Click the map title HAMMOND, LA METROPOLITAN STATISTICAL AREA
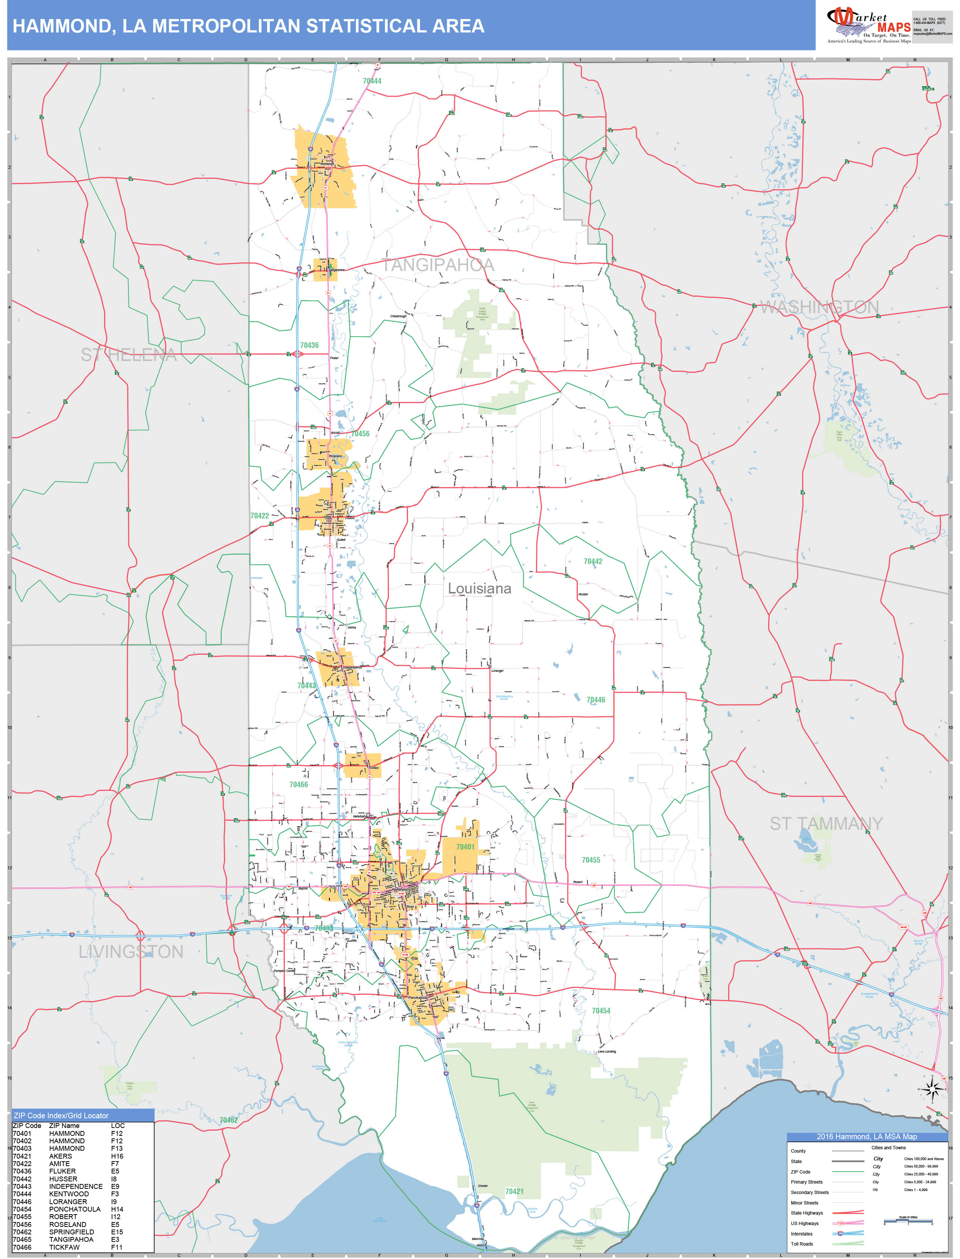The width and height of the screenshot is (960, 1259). pyautogui.click(x=249, y=26)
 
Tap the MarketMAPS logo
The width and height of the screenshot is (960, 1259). pyautogui.click(x=869, y=26)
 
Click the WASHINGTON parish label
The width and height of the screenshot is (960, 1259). pyautogui.click(x=819, y=307)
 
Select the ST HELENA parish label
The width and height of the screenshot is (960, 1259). pyautogui.click(x=128, y=355)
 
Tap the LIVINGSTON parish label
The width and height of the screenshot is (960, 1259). pyautogui.click(x=131, y=951)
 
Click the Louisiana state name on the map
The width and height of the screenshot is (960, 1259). pyautogui.click(x=479, y=589)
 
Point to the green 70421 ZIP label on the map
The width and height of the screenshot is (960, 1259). pyautogui.click(x=514, y=1191)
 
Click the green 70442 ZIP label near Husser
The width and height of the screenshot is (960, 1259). pyautogui.click(x=593, y=561)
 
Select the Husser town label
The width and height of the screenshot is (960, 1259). pyautogui.click(x=583, y=594)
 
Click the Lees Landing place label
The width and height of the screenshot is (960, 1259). pyautogui.click(x=607, y=1051)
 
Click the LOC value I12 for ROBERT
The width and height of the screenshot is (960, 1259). pyautogui.click(x=116, y=1217)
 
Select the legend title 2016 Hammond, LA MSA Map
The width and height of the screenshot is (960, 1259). pyautogui.click(x=866, y=1137)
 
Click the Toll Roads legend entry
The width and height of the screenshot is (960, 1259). pyautogui.click(x=802, y=1244)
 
